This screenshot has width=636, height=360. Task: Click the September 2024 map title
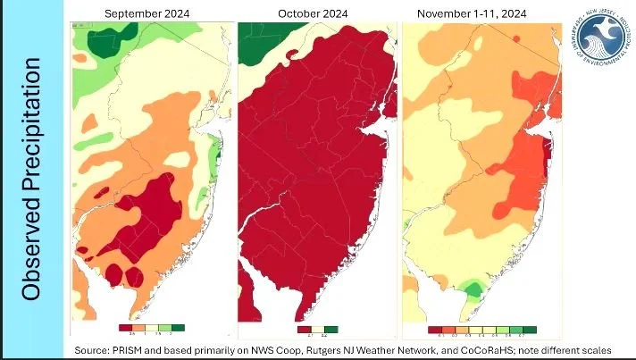pyautogui.click(x=146, y=13)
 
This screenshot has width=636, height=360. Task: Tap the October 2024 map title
pyautogui.click(x=312, y=13)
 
